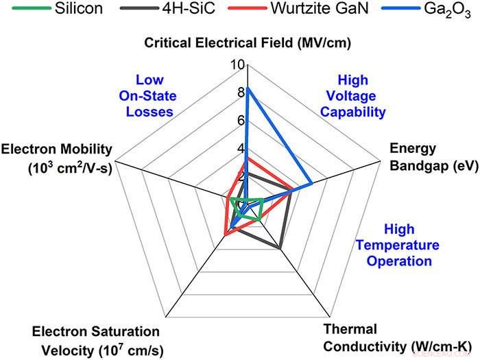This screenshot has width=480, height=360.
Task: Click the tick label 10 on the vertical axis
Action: click(x=237, y=65)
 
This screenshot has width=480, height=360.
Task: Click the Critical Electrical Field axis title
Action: click(x=248, y=43)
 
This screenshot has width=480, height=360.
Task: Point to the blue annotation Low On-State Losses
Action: click(x=149, y=96)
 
